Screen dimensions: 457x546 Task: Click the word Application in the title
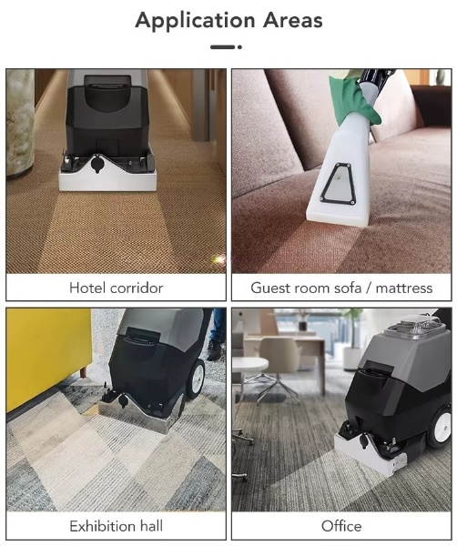tap(196, 21)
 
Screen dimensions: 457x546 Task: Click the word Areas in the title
tap(292, 20)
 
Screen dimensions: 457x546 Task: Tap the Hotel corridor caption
tap(116, 288)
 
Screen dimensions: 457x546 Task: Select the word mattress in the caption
tap(404, 288)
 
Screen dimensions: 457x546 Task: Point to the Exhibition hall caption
tap(116, 526)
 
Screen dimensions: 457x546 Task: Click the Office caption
tap(341, 526)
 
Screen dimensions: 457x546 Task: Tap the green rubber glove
tap(353, 99)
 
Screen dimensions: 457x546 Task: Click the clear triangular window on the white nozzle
tap(337, 184)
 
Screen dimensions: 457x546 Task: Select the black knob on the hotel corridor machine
tap(96, 164)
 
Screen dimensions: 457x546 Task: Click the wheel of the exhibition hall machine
tap(196, 379)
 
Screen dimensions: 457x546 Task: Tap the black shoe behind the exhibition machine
tap(213, 350)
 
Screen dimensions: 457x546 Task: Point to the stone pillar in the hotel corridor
tap(20, 122)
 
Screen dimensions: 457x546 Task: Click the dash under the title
tap(226, 46)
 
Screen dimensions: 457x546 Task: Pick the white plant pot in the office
tap(352, 359)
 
